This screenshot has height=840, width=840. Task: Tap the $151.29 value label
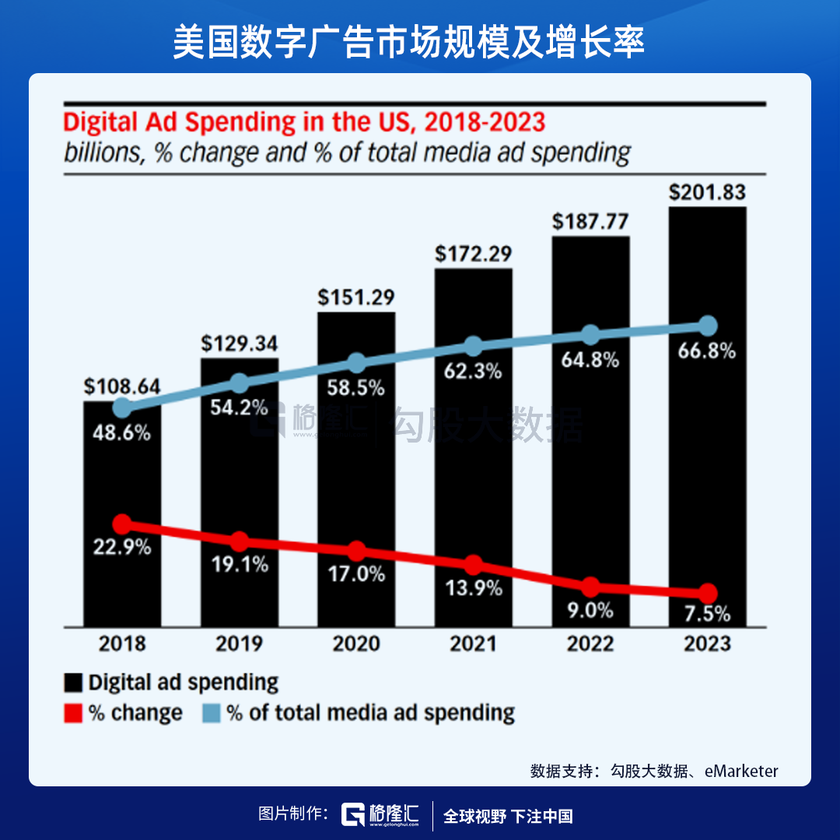pyautogui.click(x=356, y=298)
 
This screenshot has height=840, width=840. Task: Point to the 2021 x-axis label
pyautogui.click(x=473, y=644)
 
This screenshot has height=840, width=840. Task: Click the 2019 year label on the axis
pyautogui.click(x=240, y=644)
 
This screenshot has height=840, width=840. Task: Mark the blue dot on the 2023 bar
pyautogui.click(x=707, y=325)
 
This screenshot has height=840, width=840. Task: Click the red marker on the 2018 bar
pyautogui.click(x=122, y=523)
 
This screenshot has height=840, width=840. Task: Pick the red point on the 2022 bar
pyautogui.click(x=591, y=586)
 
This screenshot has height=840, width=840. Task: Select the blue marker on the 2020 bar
pyautogui.click(x=356, y=362)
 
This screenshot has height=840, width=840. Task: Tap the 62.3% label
pyautogui.click(x=474, y=372)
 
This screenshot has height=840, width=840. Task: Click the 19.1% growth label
pyautogui.click(x=240, y=565)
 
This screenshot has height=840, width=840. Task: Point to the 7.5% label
pyautogui.click(x=707, y=614)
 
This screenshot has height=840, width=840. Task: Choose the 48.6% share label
pyautogui.click(x=122, y=433)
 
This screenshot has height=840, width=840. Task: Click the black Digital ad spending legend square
pyautogui.click(x=73, y=684)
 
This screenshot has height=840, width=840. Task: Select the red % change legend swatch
pyautogui.click(x=73, y=713)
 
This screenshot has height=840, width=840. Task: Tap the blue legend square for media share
pyautogui.click(x=212, y=713)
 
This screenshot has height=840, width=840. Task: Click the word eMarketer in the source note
pyautogui.click(x=741, y=772)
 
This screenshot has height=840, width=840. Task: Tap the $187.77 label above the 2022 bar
pyautogui.click(x=590, y=222)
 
